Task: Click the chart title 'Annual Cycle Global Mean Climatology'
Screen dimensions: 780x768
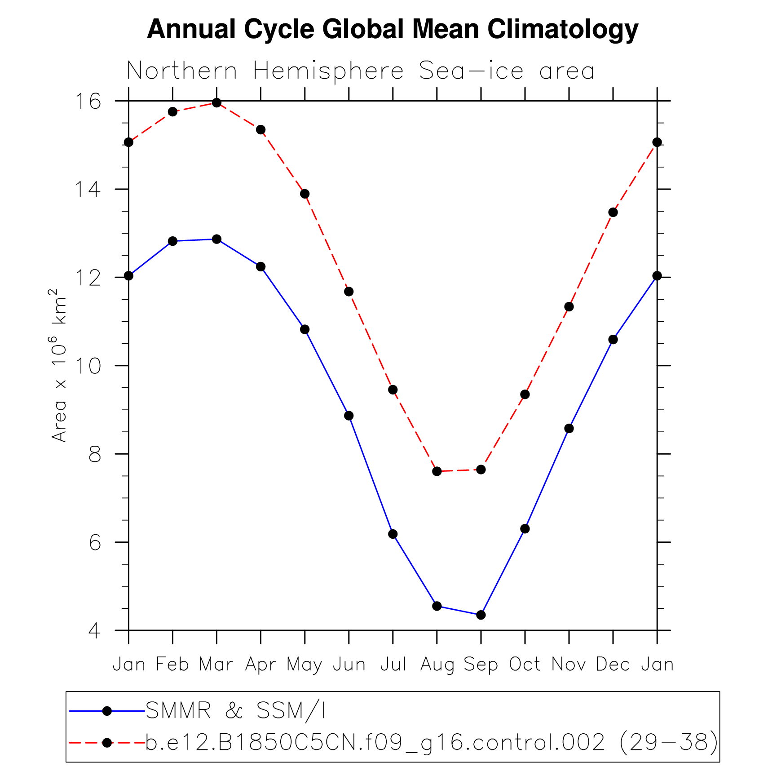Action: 393,30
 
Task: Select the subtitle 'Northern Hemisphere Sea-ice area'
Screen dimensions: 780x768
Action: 361,71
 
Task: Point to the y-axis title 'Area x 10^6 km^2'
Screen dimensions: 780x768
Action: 59,366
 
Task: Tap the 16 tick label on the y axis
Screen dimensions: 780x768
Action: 88,102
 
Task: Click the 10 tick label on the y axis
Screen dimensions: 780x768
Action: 88,366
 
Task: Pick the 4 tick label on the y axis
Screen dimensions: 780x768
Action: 95,631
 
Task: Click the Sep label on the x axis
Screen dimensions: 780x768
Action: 481,665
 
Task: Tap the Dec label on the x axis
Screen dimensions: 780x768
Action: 613,665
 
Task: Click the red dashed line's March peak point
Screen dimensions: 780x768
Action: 216,103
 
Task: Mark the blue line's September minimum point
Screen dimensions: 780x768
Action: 481,615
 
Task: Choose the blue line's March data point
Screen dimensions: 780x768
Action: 216,239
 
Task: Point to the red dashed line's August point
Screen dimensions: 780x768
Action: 437,471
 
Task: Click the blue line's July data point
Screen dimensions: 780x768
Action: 393,534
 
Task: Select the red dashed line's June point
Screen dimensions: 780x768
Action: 349,292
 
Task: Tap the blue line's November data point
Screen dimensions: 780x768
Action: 569,429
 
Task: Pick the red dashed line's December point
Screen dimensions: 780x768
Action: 613,213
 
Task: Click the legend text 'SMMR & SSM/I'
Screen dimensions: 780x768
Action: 236,711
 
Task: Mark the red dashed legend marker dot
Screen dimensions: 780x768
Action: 107,743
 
